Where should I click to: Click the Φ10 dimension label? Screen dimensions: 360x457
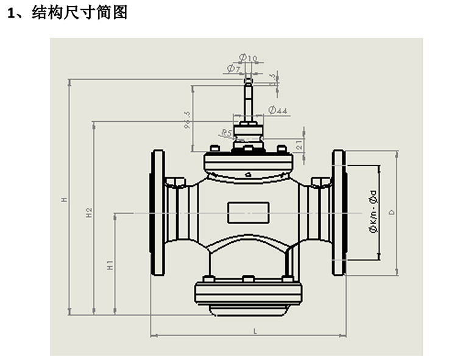pyautogui.click(x=248, y=58)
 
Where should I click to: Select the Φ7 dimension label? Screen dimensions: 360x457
pyautogui.click(x=234, y=68)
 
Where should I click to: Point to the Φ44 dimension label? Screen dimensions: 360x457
pyautogui.click(x=278, y=110)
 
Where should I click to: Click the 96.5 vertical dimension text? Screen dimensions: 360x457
pyautogui.click(x=187, y=120)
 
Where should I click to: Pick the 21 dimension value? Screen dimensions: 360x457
pyautogui.click(x=299, y=145)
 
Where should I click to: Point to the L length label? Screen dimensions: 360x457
pyautogui.click(x=255, y=331)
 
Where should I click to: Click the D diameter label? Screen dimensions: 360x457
pyautogui.click(x=392, y=212)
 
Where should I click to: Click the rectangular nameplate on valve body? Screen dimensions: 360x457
pyautogui.click(x=248, y=213)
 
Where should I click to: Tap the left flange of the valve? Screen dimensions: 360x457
pyautogui.click(x=158, y=213)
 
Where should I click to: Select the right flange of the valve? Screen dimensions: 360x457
pyautogui.click(x=339, y=213)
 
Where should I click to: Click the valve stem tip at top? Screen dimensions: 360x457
pyautogui.click(x=248, y=80)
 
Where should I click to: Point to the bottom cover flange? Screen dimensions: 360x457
pyautogui.click(x=248, y=293)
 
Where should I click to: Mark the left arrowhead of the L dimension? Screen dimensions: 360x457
pyautogui.click(x=153, y=335)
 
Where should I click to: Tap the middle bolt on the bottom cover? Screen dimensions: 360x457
pyautogui.click(x=248, y=279)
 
